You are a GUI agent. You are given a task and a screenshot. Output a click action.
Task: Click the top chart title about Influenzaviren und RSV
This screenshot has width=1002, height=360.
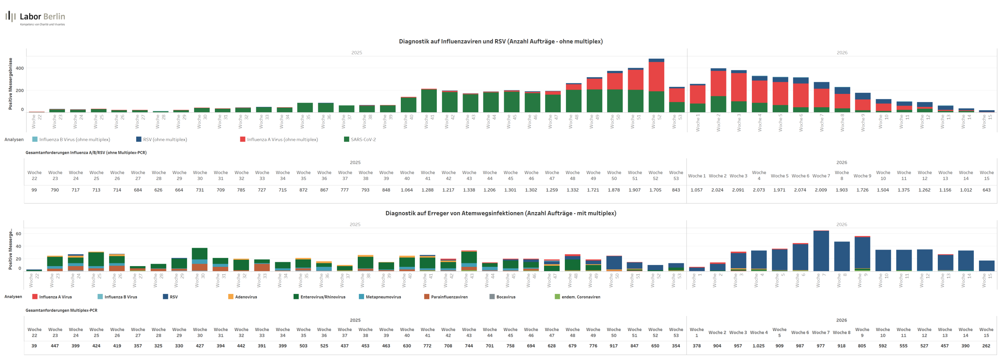tap(501, 41)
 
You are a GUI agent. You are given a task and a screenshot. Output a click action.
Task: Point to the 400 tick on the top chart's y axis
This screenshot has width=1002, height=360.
tap(20, 68)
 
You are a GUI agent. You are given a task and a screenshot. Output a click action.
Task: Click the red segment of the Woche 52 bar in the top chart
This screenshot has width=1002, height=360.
tap(656, 77)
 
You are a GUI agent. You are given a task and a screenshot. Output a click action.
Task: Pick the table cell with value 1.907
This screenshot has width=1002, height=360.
tap(634, 190)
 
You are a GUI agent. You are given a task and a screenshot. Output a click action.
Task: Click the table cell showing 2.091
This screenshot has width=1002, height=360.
tap(738, 190)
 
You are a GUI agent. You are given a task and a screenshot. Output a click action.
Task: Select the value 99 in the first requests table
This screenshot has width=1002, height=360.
tap(34, 190)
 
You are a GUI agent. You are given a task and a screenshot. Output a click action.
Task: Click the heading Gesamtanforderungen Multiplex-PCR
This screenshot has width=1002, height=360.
tap(61, 311)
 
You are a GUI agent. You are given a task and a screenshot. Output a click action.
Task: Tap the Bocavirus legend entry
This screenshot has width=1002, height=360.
tap(506, 297)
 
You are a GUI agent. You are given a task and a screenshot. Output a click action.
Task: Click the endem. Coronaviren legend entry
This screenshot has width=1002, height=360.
tap(580, 297)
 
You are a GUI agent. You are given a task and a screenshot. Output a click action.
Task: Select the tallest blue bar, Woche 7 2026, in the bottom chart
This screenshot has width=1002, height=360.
tap(821, 251)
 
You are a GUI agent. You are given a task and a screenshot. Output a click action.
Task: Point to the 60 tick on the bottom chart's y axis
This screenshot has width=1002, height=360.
tap(18, 234)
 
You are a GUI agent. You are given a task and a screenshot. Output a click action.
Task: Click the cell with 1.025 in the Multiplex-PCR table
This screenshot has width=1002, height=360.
tap(759, 346)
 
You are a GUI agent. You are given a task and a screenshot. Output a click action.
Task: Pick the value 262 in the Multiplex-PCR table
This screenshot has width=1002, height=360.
tap(986, 346)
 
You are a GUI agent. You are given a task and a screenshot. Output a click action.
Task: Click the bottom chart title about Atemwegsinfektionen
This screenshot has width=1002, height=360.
tap(501, 214)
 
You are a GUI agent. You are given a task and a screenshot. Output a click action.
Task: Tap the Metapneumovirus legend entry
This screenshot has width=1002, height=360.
tap(383, 297)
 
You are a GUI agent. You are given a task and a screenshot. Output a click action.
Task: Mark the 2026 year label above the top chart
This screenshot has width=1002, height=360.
tap(842, 53)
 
